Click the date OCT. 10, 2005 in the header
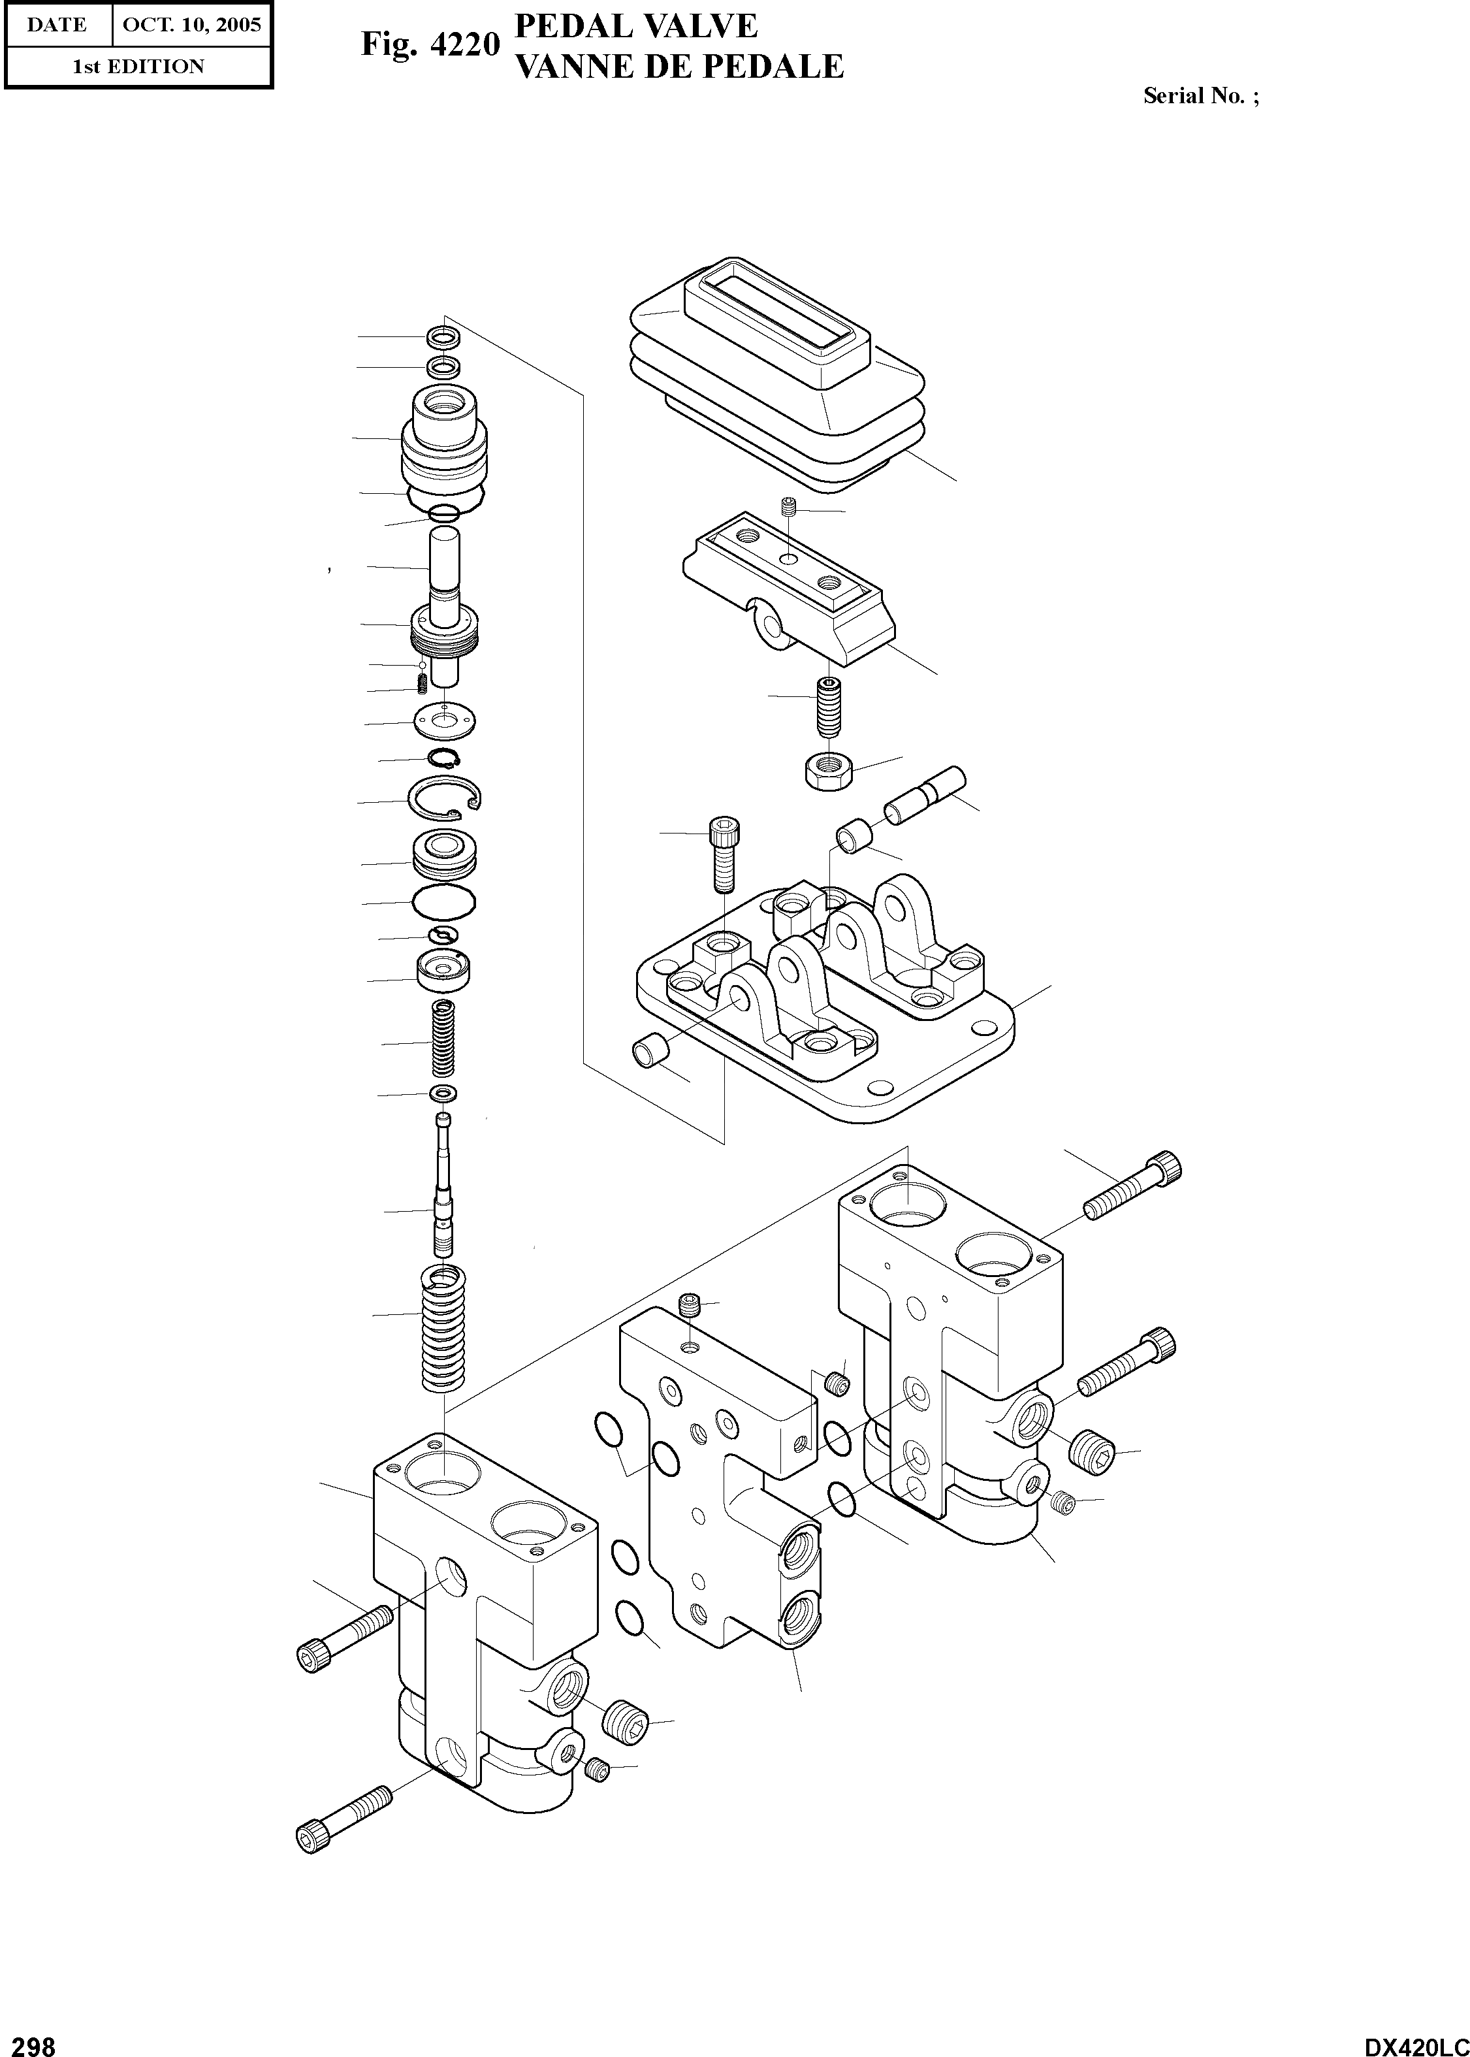[x=191, y=24]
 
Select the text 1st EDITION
[x=138, y=66]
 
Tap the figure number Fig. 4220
[x=430, y=44]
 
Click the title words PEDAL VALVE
[x=635, y=25]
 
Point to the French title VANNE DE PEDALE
[x=679, y=66]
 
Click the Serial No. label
[x=1200, y=95]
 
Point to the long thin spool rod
[x=443, y=1186]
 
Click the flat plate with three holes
[x=445, y=722]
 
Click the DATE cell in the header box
[x=57, y=24]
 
